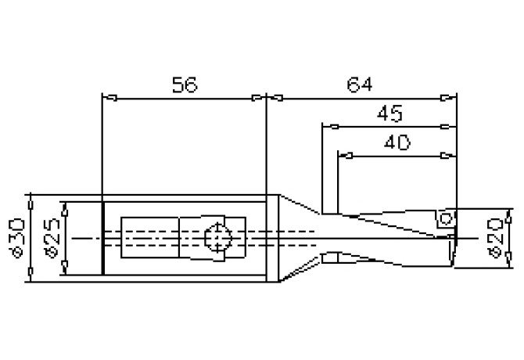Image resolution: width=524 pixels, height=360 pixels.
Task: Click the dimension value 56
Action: pyautogui.click(x=184, y=85)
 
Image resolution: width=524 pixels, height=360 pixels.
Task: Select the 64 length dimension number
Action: pyautogui.click(x=359, y=83)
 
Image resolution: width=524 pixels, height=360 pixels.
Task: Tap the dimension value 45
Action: pyautogui.click(x=389, y=113)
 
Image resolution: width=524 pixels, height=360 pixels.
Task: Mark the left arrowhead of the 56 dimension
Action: pyautogui.click(x=109, y=98)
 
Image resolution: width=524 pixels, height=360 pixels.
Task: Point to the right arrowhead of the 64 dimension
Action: pyautogui.click(x=448, y=98)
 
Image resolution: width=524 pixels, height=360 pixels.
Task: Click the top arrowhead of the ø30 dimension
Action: pyautogui.click(x=30, y=200)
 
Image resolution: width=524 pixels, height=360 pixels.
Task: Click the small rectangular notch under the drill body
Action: pyautogui.click(x=329, y=257)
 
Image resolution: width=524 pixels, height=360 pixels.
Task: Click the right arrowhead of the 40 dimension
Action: pyautogui.click(x=448, y=154)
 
